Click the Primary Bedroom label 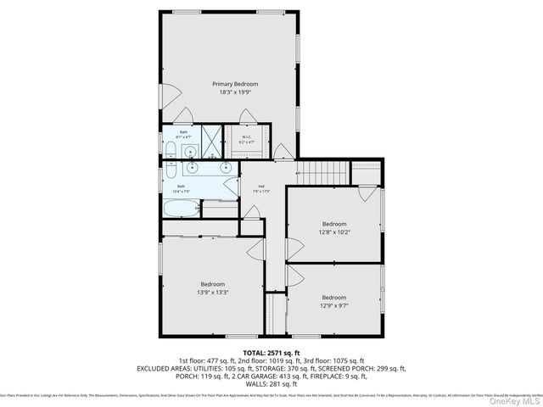coord(235,84)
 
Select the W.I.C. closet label coord(247,137)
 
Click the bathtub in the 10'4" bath coord(180,206)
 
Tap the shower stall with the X coord(212,139)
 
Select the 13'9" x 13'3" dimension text coord(212,292)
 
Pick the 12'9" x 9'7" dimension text coord(333,304)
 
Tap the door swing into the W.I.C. coord(245,117)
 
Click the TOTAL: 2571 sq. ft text coord(271,352)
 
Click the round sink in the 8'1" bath coord(192,153)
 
